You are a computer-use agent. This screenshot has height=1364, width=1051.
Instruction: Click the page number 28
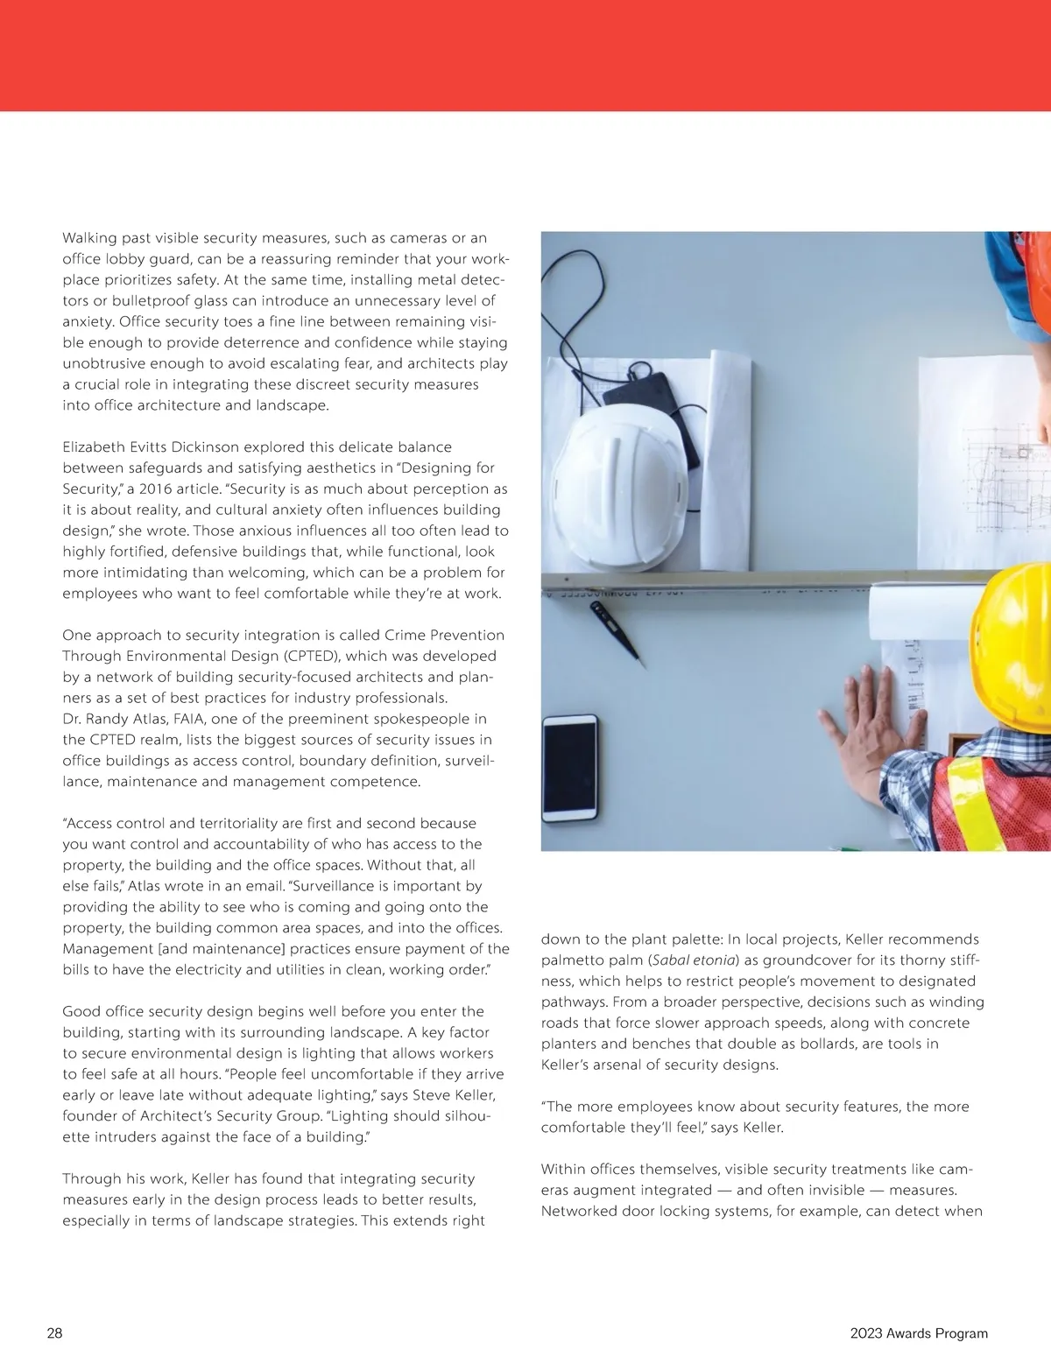click(x=54, y=1333)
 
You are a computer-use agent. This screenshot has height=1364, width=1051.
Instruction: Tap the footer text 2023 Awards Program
click(x=919, y=1333)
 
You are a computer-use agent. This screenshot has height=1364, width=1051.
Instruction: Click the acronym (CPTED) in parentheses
click(x=314, y=656)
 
